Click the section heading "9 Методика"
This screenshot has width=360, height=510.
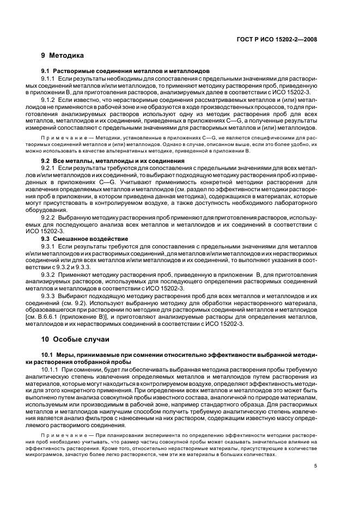pos(63,56)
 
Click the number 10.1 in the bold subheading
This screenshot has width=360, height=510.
pos(47,355)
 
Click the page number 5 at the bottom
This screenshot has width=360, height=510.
pos(316,466)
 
